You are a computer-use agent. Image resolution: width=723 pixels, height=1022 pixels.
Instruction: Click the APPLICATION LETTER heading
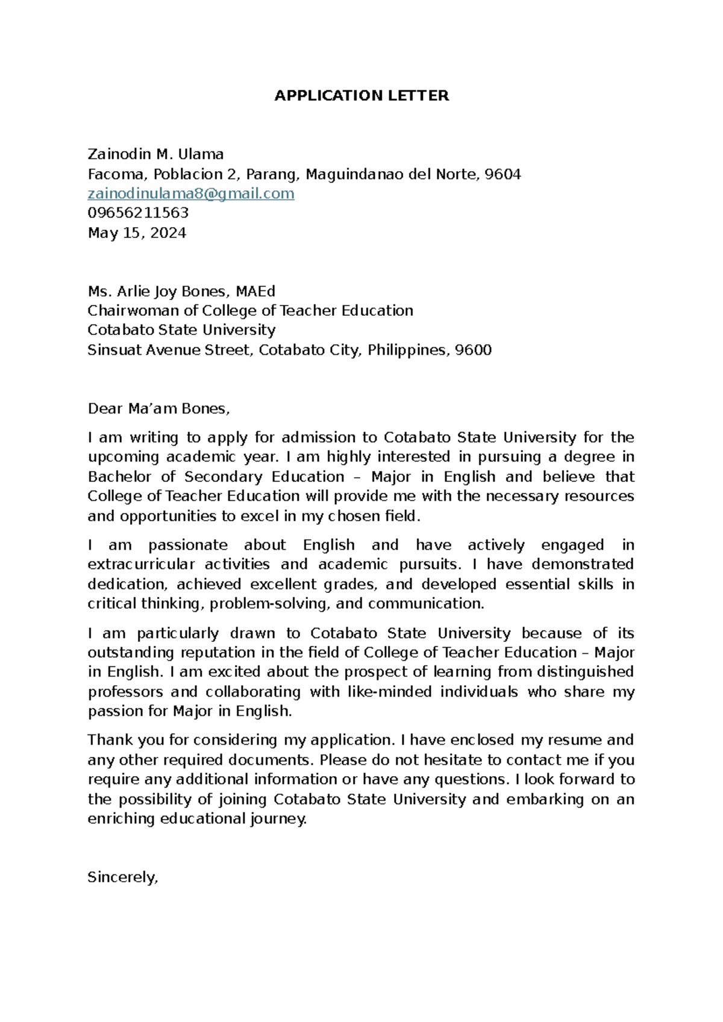click(x=361, y=96)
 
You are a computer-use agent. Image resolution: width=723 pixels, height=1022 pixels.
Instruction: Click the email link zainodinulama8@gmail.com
click(x=191, y=193)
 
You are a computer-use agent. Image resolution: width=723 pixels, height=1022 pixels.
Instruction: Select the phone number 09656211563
click(x=138, y=213)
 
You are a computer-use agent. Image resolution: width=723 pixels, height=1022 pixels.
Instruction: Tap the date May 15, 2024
click(x=137, y=233)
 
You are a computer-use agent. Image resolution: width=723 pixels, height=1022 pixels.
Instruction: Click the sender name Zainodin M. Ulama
click(x=155, y=154)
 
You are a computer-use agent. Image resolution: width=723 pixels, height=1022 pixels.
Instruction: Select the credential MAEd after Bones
click(x=255, y=292)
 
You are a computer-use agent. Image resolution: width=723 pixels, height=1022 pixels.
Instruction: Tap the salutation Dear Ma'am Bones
click(x=158, y=409)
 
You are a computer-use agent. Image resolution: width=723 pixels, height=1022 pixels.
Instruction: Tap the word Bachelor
click(x=119, y=477)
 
